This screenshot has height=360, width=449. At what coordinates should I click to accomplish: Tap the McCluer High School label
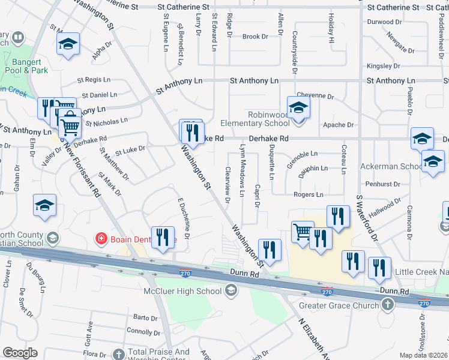[182, 292]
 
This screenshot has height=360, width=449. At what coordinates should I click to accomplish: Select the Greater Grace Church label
[342, 304]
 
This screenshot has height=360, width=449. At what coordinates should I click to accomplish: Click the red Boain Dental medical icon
[101, 239]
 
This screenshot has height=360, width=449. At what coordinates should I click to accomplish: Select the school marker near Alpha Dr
[68, 44]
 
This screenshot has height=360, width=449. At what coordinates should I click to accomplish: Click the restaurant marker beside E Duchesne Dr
[162, 238]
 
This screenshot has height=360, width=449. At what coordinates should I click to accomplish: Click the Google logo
[20, 353]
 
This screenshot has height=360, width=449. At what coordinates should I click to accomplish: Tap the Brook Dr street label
[255, 37]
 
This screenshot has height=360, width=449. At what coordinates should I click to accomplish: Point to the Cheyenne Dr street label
[315, 96]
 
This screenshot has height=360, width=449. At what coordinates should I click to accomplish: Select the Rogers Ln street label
[309, 195]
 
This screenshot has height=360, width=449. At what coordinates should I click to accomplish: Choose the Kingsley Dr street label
[383, 66]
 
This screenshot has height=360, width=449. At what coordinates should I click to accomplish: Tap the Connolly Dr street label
[143, 332]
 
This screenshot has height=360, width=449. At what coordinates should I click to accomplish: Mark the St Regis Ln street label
[94, 80]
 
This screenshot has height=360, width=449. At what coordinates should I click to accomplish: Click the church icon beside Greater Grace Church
[388, 304]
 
